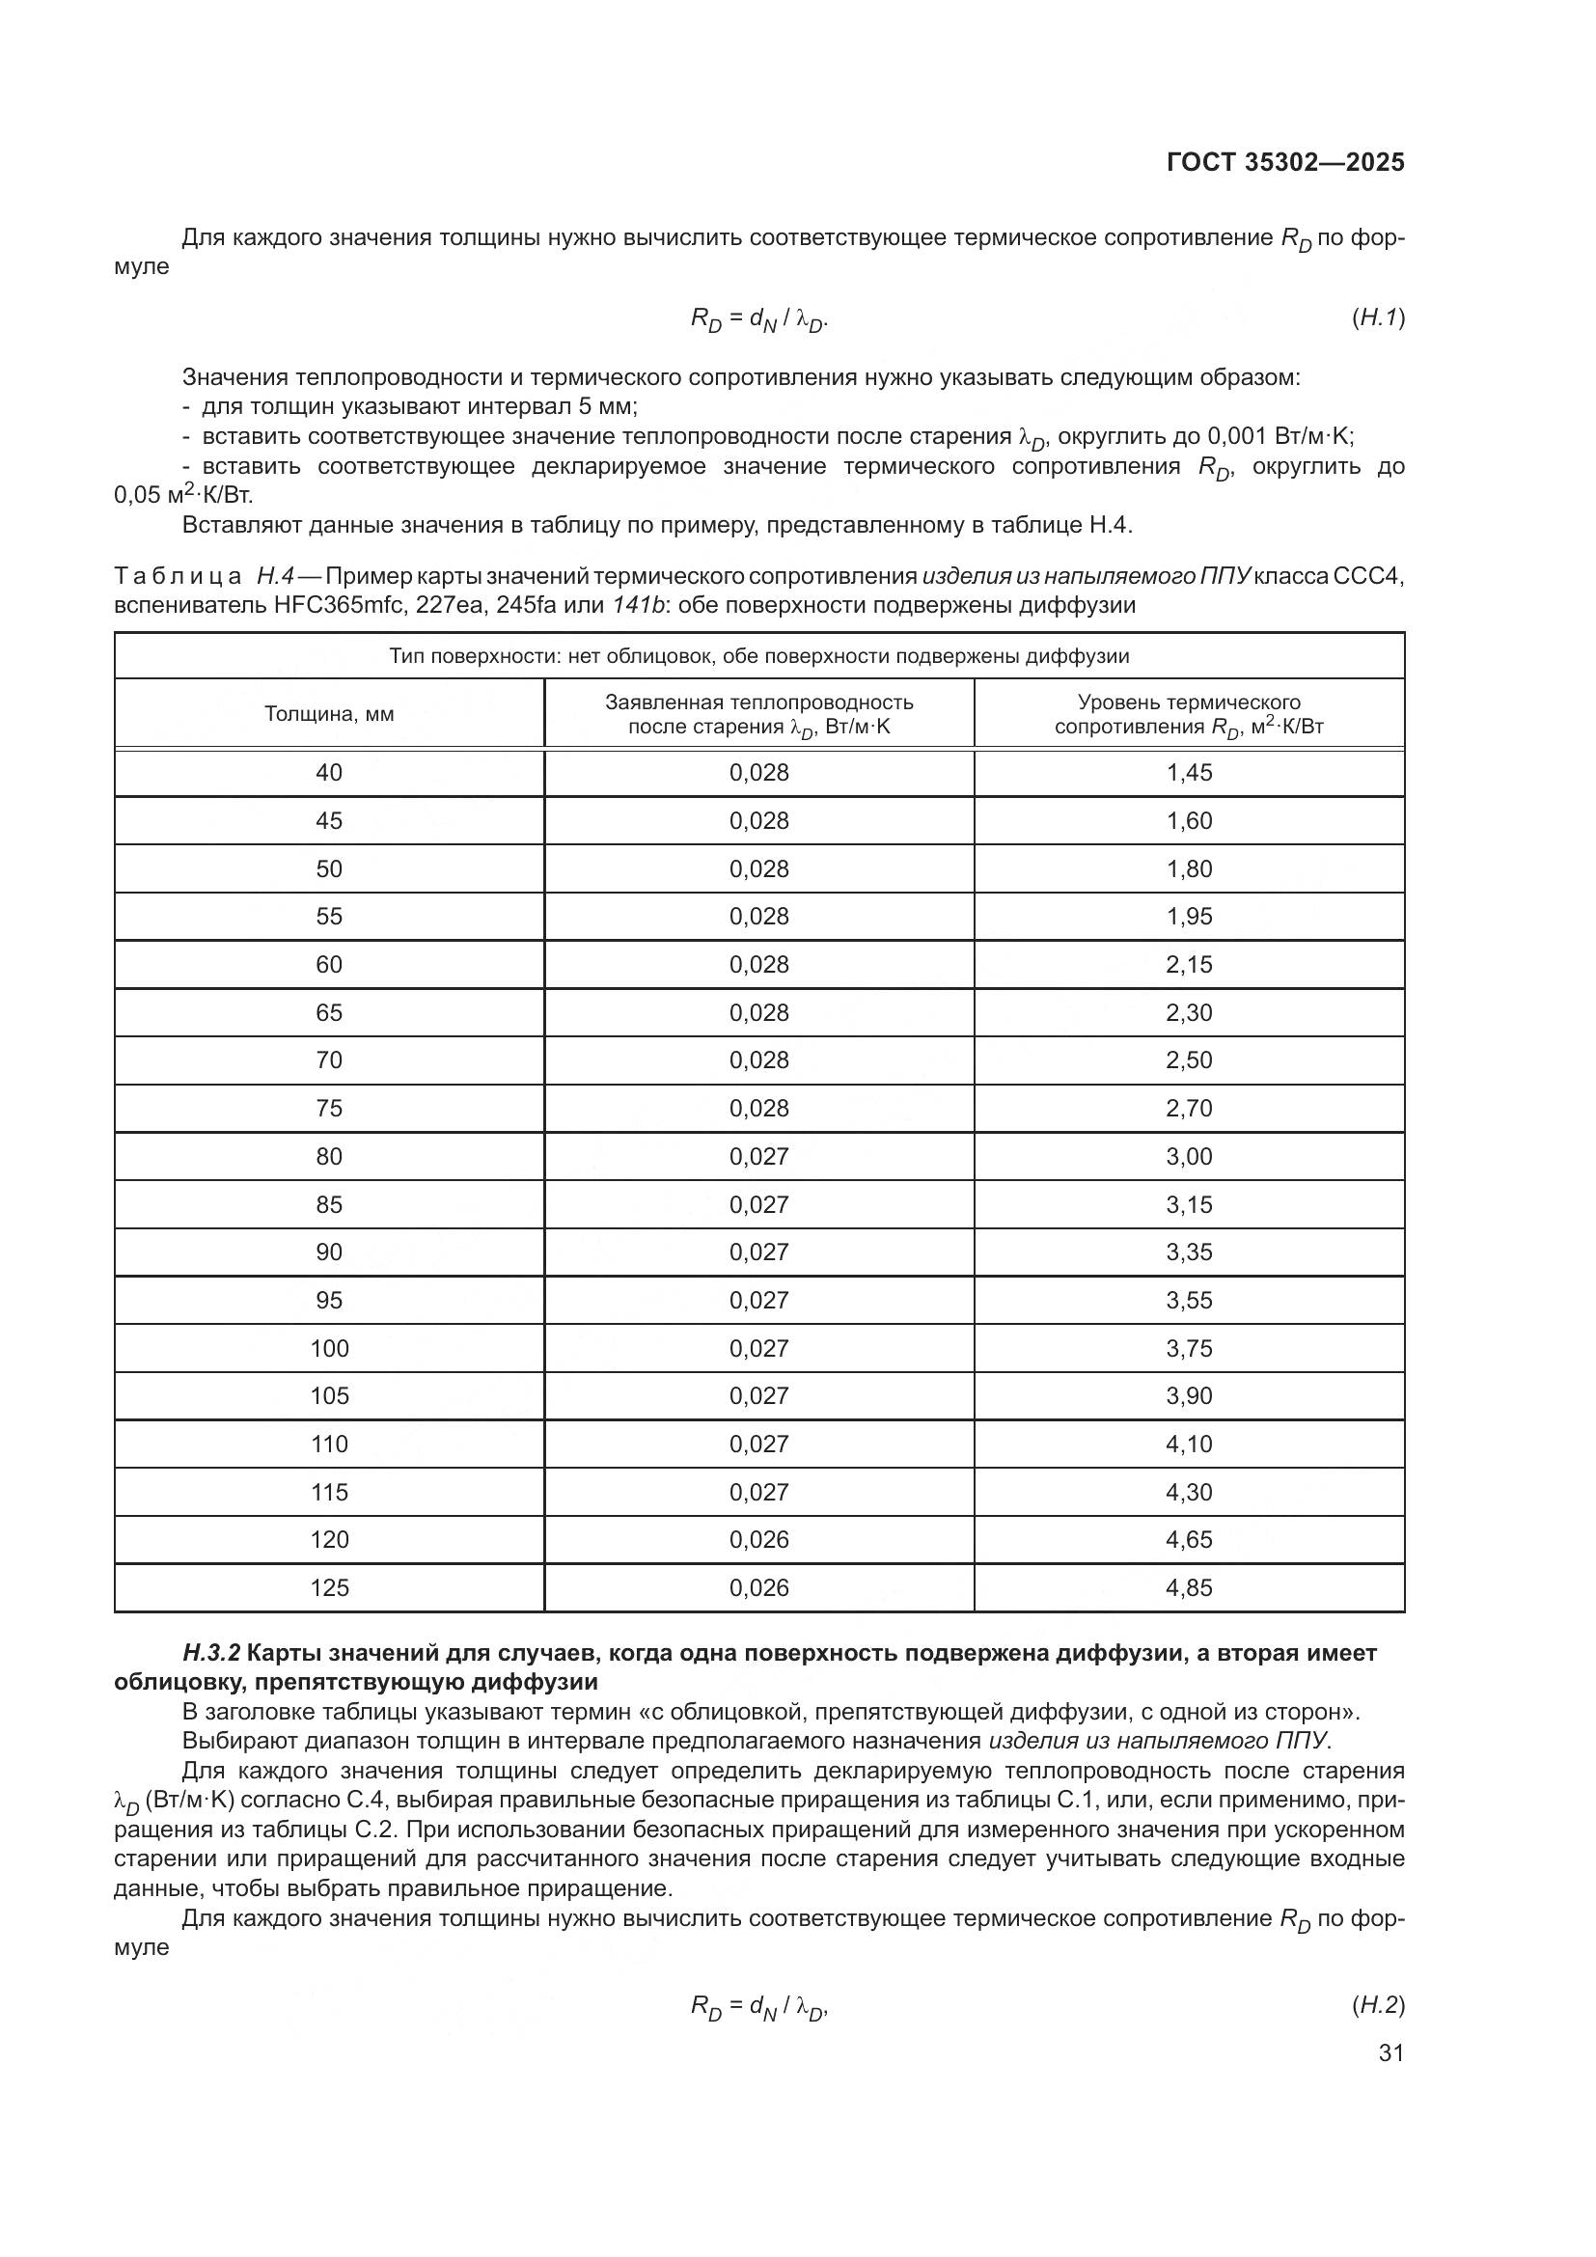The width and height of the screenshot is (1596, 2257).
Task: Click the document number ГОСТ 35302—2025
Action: click(1285, 163)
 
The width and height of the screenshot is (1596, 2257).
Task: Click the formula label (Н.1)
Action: click(1378, 317)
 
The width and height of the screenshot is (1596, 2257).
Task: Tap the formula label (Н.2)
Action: click(1378, 2005)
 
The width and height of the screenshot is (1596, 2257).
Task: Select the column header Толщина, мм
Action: click(329, 715)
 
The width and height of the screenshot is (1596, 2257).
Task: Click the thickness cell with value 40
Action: click(329, 773)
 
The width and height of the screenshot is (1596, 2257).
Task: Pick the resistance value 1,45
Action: click(1189, 773)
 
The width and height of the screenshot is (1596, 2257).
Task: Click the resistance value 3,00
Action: click(1189, 1157)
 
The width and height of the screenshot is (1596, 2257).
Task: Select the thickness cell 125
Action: click(329, 1588)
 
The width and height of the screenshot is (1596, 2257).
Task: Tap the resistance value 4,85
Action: click(1189, 1588)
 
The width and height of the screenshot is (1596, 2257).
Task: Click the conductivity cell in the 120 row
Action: click(758, 1540)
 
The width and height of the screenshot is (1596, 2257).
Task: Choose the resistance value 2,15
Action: click(1189, 965)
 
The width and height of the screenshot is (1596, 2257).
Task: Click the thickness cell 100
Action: click(329, 1349)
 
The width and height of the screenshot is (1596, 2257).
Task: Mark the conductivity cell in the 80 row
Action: click(758, 1157)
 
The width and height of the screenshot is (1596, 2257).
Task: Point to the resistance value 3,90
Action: click(1189, 1397)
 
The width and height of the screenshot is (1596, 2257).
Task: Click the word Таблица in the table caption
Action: click(178, 576)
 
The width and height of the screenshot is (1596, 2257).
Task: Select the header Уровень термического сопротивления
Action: click(1189, 715)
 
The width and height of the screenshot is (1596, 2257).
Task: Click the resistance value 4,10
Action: click(1189, 1445)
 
